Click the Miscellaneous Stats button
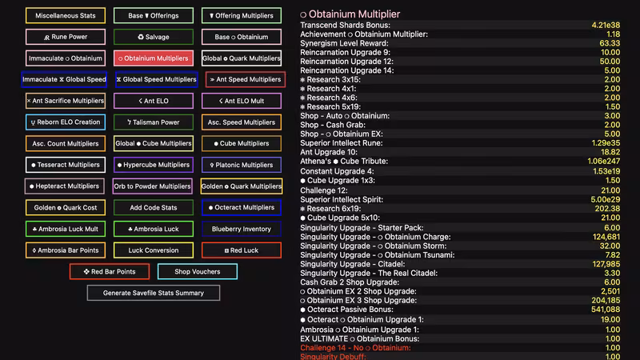[66, 15]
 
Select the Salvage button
[154, 37]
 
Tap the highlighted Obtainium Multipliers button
[154, 58]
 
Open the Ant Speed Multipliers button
[246, 79]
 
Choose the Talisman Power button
[154, 122]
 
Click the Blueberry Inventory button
[242, 229]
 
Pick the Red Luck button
[242, 250]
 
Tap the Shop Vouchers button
[198, 271]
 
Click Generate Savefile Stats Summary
[154, 293]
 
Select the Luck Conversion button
[154, 250]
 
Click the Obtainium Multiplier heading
[350, 14]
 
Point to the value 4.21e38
[606, 26]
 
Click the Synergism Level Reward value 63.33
[610, 43]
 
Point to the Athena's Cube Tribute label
[344, 162]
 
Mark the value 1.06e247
[604, 162]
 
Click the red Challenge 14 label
[355, 348]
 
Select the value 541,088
[606, 310]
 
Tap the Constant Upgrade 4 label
[337, 171]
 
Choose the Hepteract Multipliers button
[65, 186]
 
